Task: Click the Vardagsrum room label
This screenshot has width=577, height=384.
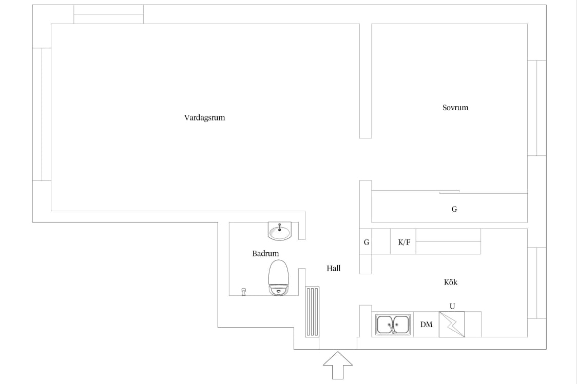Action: pos(205,117)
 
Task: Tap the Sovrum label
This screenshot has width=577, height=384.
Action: pos(455,108)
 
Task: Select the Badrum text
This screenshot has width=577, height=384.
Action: pos(265,254)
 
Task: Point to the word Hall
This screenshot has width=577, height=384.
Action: pos(333,269)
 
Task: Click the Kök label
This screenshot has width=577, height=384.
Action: pos(450,282)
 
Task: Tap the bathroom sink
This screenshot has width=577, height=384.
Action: pos(280,231)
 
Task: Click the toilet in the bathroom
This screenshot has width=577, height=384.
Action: pos(279,277)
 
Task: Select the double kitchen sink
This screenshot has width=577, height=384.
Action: pos(393,324)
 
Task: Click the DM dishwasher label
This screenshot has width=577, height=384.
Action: pos(426,325)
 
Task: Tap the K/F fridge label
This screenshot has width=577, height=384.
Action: pos(404,242)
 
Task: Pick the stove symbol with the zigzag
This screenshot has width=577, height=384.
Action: pos(452,324)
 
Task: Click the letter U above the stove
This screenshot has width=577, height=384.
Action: pos(452,306)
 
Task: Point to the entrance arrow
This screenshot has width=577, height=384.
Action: pos(338,365)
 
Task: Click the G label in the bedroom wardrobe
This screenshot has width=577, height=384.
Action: pos(454,209)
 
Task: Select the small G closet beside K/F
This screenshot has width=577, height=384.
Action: pos(366,242)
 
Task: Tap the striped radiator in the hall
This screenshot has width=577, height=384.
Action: pos(312,312)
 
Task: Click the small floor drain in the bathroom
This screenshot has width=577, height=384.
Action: pos(244,292)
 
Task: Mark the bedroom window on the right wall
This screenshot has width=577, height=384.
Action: pos(537,108)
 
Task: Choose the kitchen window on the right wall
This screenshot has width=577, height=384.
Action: pos(537,283)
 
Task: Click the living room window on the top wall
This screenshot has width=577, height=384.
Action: pos(108,14)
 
